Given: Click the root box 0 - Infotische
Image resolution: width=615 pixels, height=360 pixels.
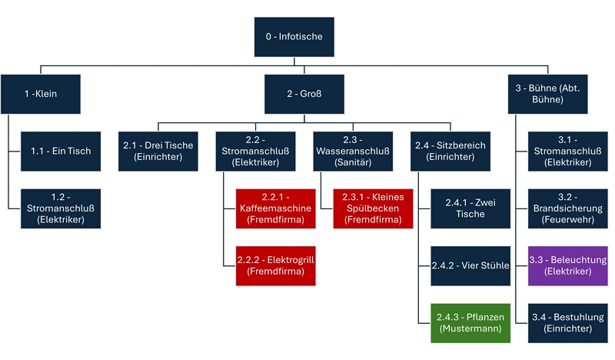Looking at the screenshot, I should click(x=295, y=37).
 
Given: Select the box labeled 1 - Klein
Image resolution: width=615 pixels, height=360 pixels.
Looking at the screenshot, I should click(x=41, y=94).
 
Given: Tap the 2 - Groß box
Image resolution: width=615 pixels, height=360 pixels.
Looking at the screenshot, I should click(x=304, y=94).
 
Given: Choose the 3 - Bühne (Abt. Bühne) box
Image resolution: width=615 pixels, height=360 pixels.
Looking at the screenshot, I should click(x=547, y=94).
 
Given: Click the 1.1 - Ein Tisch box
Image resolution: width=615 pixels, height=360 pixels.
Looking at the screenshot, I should click(x=61, y=151).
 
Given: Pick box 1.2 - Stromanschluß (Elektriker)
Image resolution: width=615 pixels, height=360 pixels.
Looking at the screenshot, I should click(x=61, y=208).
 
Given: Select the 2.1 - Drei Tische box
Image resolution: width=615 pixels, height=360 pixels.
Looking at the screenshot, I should click(x=158, y=151).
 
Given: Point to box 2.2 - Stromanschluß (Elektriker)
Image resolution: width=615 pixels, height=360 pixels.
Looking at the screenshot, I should click(x=255, y=151).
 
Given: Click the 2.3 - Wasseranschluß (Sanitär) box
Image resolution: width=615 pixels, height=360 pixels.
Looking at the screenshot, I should click(x=352, y=151).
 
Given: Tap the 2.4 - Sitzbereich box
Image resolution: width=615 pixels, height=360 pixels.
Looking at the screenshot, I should click(x=450, y=151).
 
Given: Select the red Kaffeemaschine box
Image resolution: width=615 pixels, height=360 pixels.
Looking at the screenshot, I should click(x=275, y=208).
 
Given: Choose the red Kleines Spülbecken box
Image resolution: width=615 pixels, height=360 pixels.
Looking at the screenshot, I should click(x=373, y=208).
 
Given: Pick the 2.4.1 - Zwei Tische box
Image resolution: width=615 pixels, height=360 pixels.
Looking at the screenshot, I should click(x=470, y=208).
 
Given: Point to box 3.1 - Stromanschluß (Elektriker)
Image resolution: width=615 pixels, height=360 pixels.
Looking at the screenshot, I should click(x=567, y=151).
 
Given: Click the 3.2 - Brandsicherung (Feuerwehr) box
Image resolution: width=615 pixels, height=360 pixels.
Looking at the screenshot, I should click(x=567, y=208).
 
